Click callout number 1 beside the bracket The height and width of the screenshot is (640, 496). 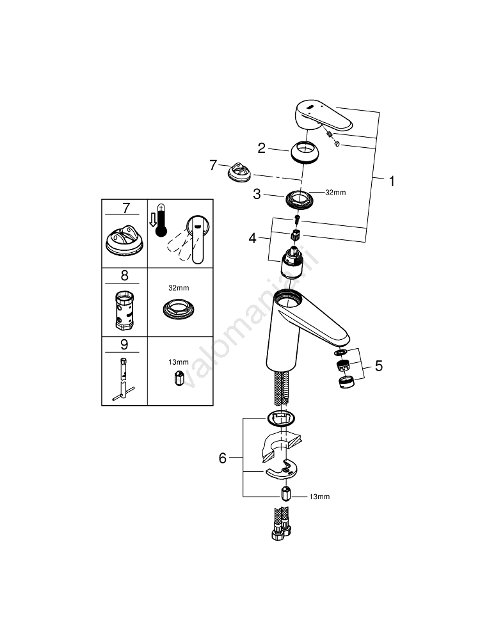pyautogui.click(x=392, y=181)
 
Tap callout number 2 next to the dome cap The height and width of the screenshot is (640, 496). pyautogui.click(x=262, y=148)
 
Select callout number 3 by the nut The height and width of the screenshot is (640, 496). pyautogui.click(x=257, y=194)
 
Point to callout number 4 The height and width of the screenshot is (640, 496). pyautogui.click(x=253, y=238)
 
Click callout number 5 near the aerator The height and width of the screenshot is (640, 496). pyautogui.click(x=379, y=365)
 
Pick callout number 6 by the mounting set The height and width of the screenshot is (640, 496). pyautogui.click(x=223, y=458)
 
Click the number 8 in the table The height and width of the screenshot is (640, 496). pyautogui.click(x=125, y=275)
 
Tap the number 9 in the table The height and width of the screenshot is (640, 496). pyautogui.click(x=125, y=344)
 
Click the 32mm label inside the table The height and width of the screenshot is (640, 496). pyautogui.click(x=179, y=288)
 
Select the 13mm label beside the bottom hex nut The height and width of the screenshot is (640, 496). pyautogui.click(x=319, y=497)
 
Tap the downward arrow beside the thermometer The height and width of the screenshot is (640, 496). pyautogui.click(x=152, y=220)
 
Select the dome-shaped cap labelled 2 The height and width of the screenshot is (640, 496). pyautogui.click(x=306, y=152)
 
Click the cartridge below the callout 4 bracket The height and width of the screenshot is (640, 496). pyautogui.click(x=292, y=263)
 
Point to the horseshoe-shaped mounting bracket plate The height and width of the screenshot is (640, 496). pyautogui.click(x=281, y=468)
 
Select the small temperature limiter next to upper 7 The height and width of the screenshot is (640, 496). pyautogui.click(x=239, y=171)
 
